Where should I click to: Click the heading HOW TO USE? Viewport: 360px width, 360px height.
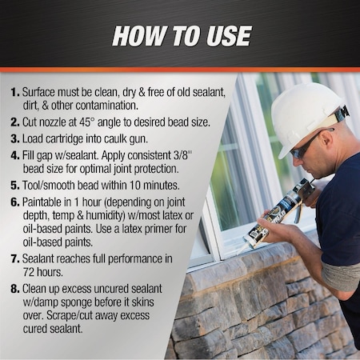181,36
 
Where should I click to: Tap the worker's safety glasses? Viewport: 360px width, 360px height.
306,146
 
